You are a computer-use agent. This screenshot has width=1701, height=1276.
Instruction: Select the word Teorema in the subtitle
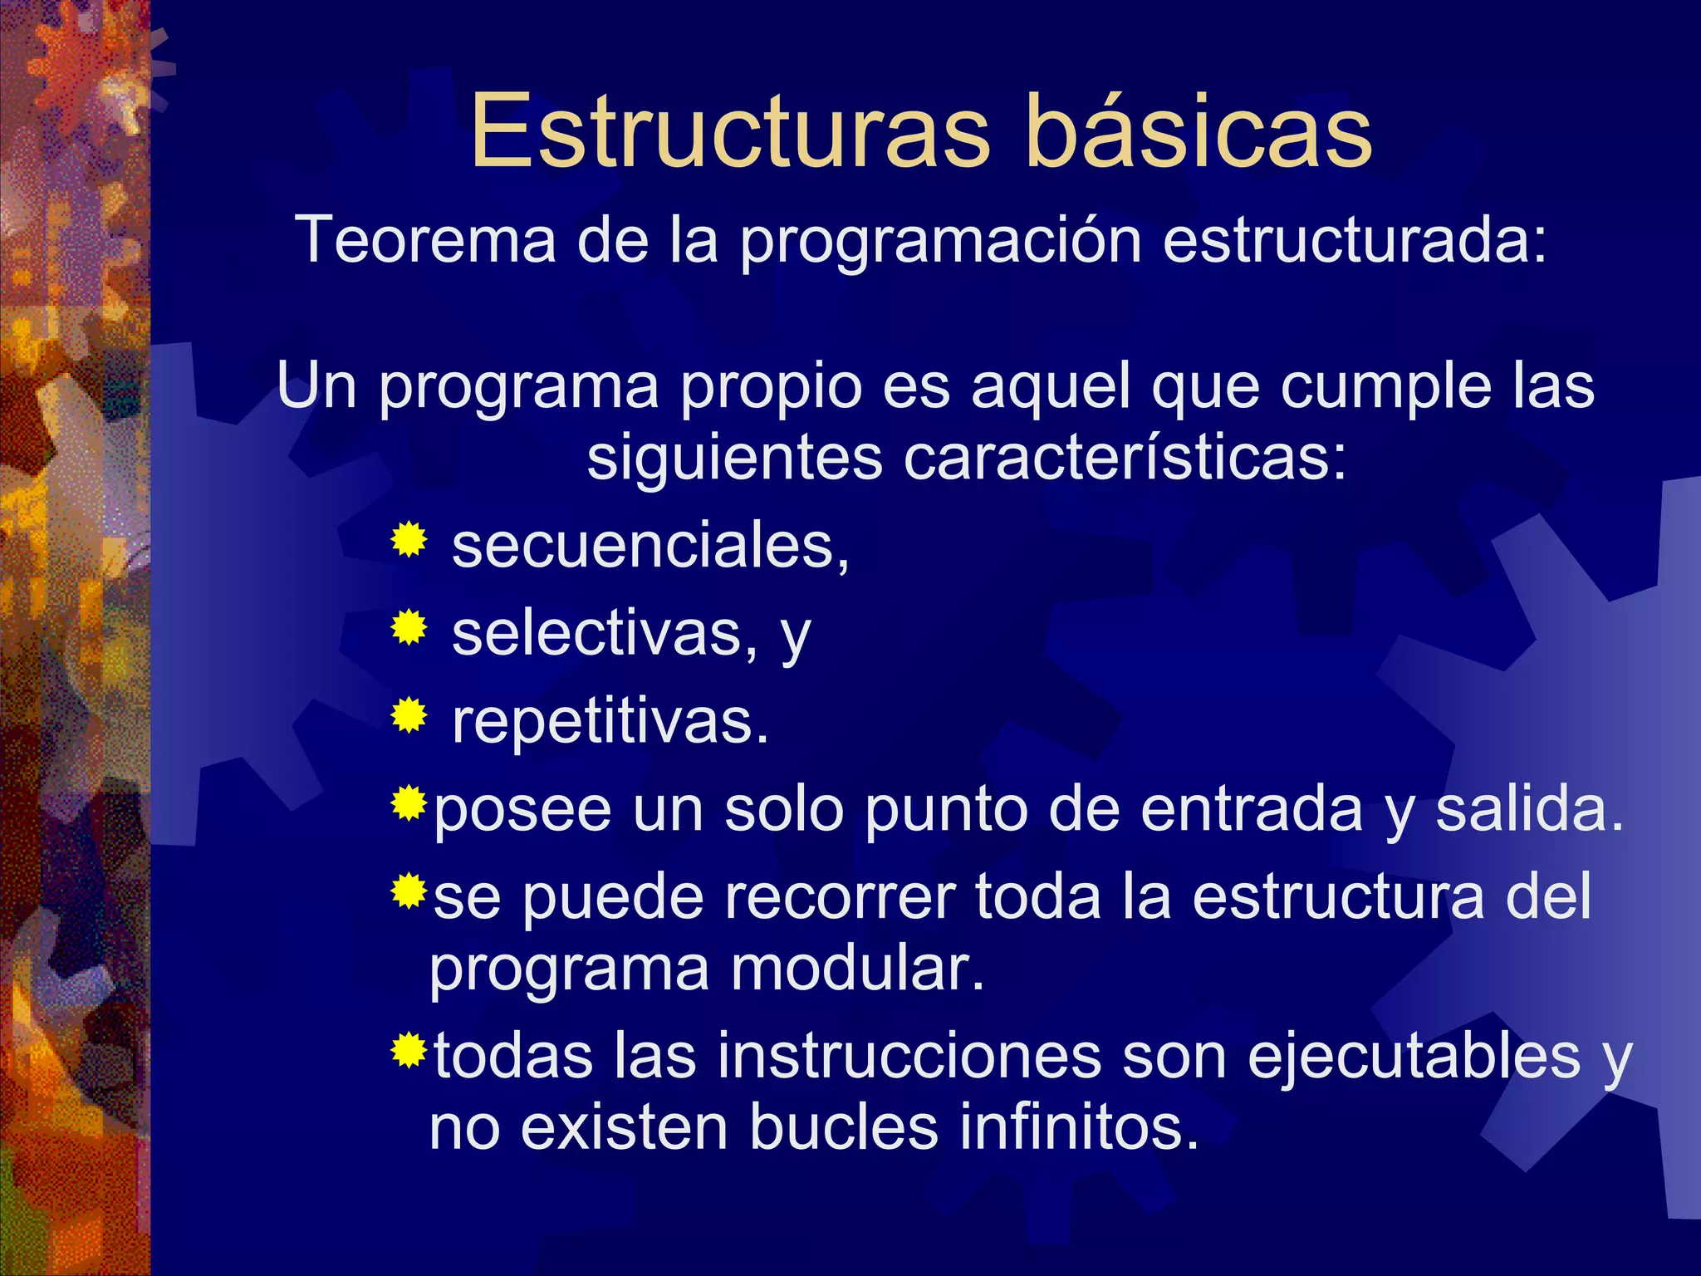(x=425, y=241)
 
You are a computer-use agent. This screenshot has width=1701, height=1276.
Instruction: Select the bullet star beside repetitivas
(x=409, y=715)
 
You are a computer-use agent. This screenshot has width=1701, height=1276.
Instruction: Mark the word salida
(x=1529, y=809)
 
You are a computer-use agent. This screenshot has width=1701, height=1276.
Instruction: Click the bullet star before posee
(x=409, y=803)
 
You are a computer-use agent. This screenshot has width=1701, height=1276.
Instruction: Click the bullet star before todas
(x=409, y=1051)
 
